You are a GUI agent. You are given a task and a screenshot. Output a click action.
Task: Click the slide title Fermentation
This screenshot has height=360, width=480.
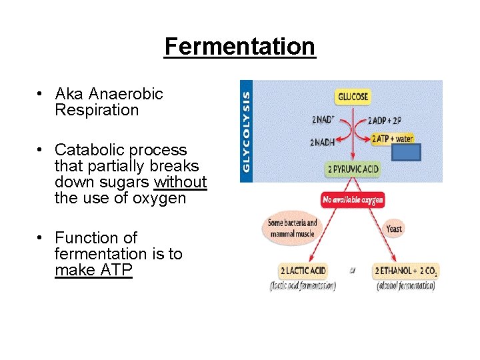coord(239,47)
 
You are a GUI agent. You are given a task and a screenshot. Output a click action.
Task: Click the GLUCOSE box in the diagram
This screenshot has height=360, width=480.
coord(353,97)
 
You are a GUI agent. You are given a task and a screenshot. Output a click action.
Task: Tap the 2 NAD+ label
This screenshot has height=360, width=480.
coord(323,121)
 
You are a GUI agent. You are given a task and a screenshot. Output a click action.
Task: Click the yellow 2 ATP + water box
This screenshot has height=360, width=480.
coord(392,139)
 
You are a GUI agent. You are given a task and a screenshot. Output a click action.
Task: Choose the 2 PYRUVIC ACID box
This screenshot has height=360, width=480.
coord(353,169)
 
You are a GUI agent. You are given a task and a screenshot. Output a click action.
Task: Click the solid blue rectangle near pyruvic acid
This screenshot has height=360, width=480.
coord(406,153)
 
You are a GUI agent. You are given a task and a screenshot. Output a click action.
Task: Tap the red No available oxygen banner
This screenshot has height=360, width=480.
coord(353,200)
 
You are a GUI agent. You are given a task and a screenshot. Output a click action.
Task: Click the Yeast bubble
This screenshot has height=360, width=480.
coord(394,229)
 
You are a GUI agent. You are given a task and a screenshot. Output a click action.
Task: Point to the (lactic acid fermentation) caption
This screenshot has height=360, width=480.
coord(303,286)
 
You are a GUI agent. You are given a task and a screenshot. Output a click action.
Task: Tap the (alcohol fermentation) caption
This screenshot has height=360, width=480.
coord(405,286)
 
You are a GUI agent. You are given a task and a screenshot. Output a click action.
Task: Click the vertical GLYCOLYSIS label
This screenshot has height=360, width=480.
coord(247,131)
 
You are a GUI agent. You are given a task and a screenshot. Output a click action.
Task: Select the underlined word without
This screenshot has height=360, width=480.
coord(180,182)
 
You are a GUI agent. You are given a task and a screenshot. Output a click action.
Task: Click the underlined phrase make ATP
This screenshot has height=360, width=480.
coord(93,270)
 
